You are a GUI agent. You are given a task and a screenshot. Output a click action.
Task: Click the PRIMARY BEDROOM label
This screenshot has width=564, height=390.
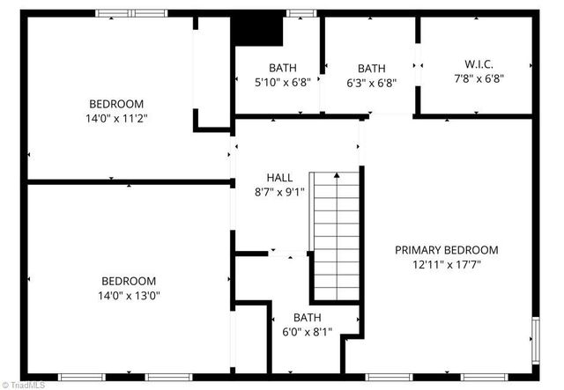coord(446,249)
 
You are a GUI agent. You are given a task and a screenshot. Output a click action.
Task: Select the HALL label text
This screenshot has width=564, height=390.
coord(279,177)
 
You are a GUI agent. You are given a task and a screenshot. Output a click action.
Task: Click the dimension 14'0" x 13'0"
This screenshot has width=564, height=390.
coord(129,296)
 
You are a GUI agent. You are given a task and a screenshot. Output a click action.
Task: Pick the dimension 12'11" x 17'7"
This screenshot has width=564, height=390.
coord(446,263)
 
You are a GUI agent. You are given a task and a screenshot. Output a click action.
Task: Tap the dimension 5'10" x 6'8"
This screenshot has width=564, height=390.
coord(283,84)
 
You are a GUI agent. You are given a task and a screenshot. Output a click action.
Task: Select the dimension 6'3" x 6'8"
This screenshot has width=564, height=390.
coord(371,84)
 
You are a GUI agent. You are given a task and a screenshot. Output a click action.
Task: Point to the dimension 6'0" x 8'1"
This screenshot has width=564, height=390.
coord(308,332)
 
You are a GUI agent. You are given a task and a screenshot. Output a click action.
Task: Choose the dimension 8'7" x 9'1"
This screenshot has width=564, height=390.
coord(279,191)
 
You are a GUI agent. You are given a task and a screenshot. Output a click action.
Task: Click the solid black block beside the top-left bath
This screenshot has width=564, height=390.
coord(256,32)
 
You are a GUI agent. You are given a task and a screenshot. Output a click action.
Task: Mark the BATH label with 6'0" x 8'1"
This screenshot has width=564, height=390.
coord(308,318)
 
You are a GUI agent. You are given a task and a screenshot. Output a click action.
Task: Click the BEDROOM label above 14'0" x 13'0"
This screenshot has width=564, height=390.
coord(129,282)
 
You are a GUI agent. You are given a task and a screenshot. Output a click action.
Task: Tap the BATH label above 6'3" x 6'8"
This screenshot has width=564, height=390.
coord(371,69)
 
